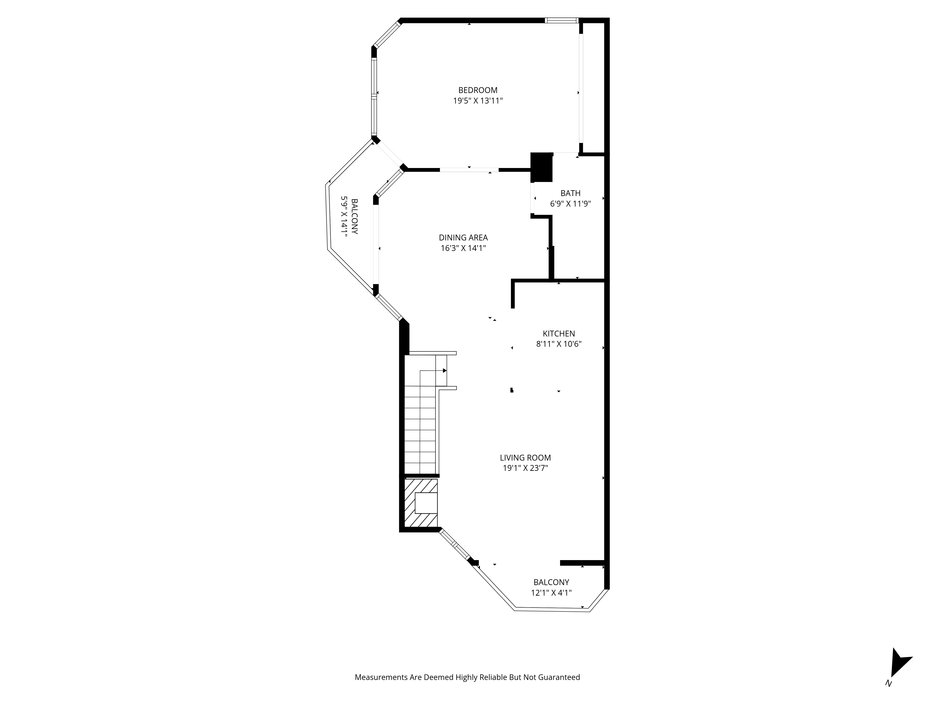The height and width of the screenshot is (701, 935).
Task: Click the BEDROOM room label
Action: pos(478,90)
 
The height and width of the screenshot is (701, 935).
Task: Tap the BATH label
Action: pos(570,193)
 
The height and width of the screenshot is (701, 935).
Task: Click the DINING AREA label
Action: pos(463,237)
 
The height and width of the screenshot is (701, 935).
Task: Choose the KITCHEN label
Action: pos(559,333)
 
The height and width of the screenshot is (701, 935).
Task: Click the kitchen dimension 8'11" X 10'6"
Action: pos(559,344)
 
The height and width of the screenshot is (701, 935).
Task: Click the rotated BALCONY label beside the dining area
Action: pos(355,216)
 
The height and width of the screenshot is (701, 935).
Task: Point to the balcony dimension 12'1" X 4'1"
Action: pos(551,593)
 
